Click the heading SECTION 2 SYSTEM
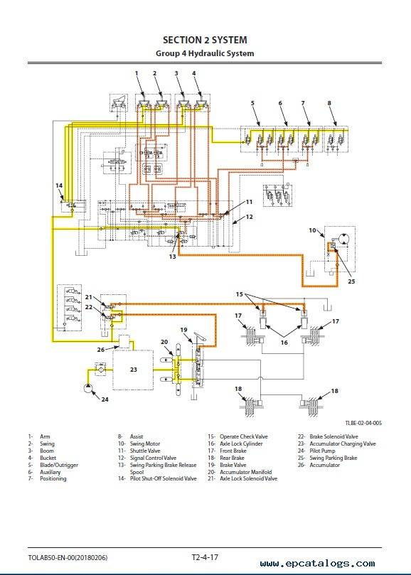click(205, 40)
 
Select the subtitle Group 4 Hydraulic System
click(205, 53)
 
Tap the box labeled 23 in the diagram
click(133, 370)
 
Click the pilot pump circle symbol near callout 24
click(87, 387)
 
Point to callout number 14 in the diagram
click(59, 186)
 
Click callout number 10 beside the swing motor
click(312, 231)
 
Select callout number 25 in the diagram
click(351, 281)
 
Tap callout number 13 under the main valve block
click(173, 257)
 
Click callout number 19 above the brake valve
click(183, 330)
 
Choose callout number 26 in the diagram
click(100, 350)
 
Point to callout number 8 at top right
click(329, 103)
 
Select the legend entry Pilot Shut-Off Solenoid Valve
click(164, 478)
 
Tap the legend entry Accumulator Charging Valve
click(343, 444)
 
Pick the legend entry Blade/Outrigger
click(59, 465)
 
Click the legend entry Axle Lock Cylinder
click(241, 444)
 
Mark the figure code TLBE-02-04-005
click(363, 423)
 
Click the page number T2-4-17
click(205, 557)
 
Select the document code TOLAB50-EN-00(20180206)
click(68, 558)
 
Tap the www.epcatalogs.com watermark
click(317, 564)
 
